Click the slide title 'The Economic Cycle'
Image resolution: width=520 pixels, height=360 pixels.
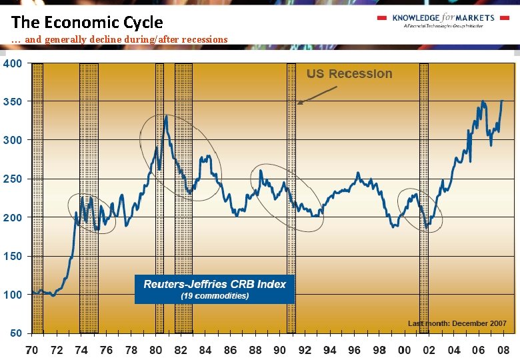tap(87, 21)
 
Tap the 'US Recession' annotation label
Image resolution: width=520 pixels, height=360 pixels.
tap(349, 74)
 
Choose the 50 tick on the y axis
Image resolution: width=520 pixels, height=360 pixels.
tap(15, 333)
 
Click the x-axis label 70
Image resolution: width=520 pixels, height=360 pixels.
tap(31, 350)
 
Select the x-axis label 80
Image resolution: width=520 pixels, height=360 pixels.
tap(156, 350)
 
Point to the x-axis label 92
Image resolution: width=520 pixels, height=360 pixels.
tap(305, 350)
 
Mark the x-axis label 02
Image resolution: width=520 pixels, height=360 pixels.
tap(429, 350)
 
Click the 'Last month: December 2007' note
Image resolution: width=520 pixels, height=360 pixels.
tap(457, 323)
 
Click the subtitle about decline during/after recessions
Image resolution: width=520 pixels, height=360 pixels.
tap(120, 39)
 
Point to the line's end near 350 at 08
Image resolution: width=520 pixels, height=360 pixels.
tap(502, 101)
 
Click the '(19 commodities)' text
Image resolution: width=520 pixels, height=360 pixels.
tap(215, 295)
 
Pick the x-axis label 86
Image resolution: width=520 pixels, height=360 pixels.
tap(230, 350)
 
